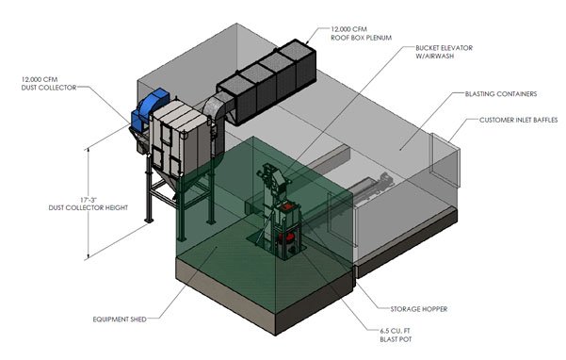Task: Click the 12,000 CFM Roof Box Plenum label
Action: tap(361, 33)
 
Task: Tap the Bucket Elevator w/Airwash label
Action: tap(444, 52)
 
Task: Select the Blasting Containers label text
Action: tap(501, 94)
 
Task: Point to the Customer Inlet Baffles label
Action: tap(518, 120)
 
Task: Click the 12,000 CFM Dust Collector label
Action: tap(49, 84)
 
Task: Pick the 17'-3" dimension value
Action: tap(89, 200)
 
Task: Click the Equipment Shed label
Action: tap(120, 319)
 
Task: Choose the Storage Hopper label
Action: tap(419, 309)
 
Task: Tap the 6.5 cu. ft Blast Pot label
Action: tap(396, 335)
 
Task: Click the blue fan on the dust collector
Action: tap(149, 107)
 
